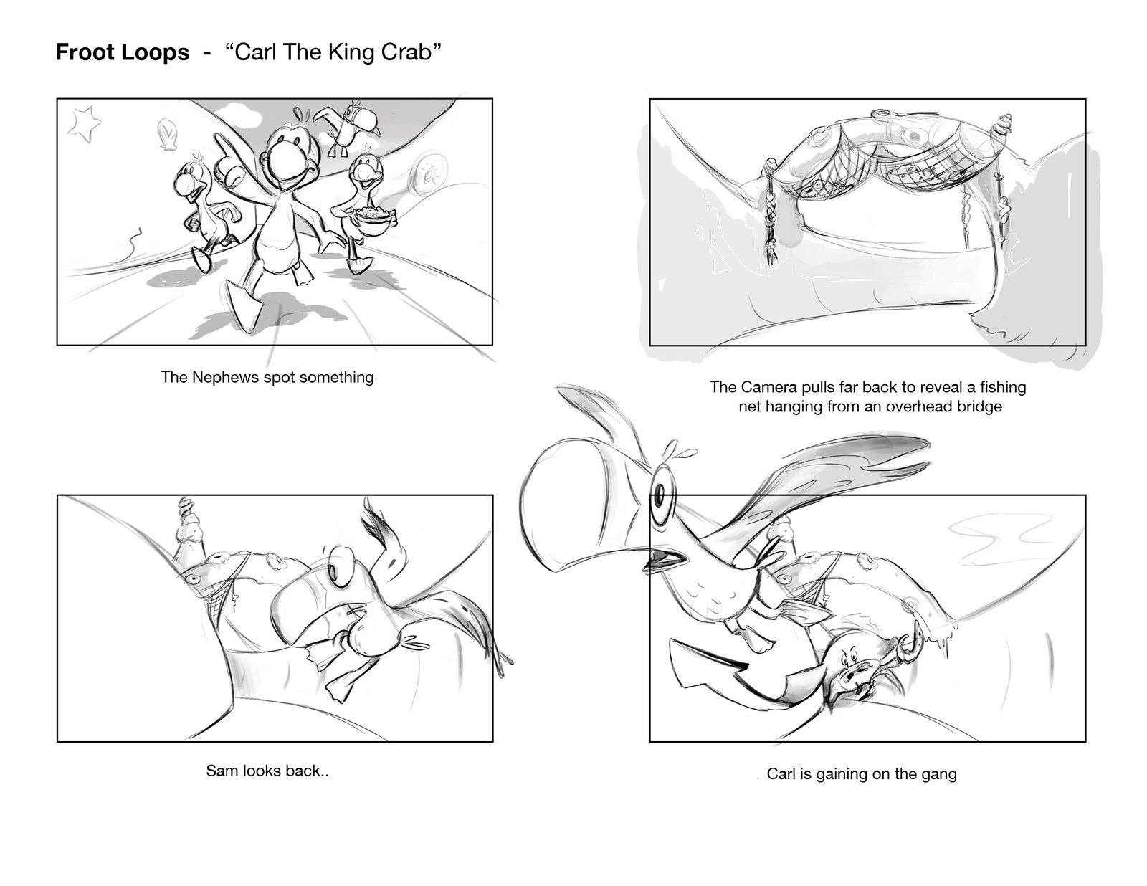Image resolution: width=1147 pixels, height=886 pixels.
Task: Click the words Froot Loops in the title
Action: (x=122, y=52)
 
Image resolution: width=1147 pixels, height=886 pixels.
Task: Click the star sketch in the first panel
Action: (x=85, y=124)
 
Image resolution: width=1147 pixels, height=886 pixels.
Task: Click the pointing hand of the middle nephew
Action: (x=226, y=161)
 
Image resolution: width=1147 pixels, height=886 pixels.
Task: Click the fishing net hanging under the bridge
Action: (x=876, y=169)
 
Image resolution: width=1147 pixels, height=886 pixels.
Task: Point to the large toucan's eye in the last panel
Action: (x=660, y=497)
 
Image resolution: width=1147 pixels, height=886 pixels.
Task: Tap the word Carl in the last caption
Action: (x=781, y=775)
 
